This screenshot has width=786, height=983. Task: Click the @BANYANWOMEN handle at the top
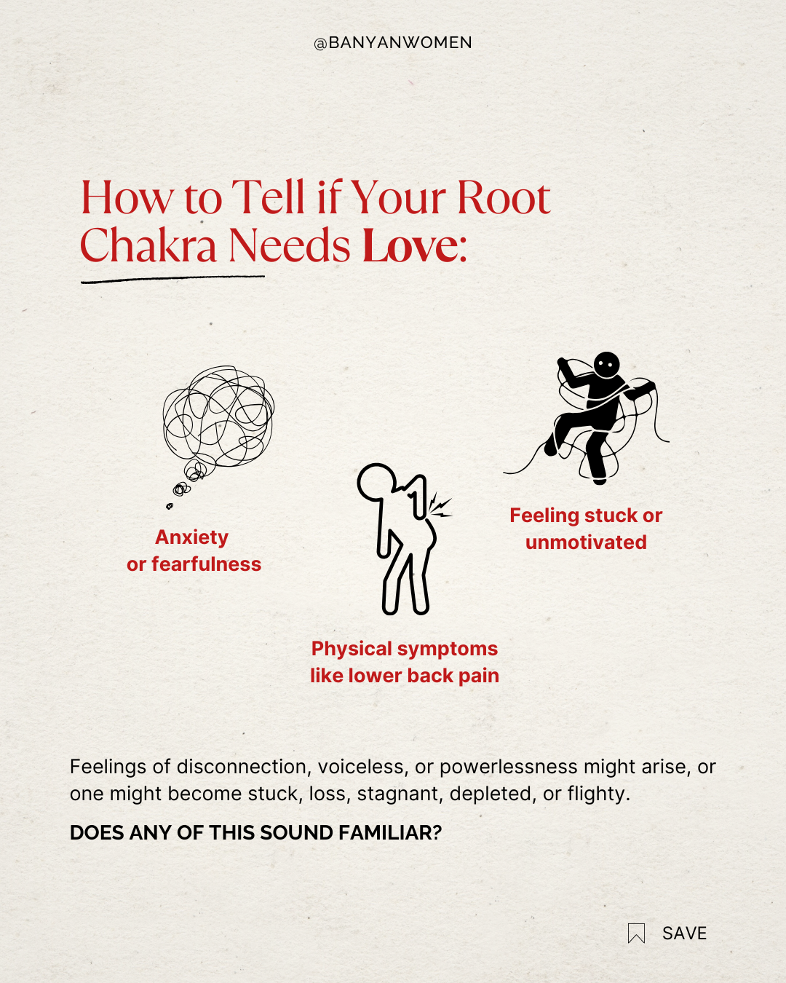point(393,43)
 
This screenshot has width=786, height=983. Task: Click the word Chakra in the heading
point(148,246)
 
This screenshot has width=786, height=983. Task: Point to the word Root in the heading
point(503,198)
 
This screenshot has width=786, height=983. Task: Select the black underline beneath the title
point(172,278)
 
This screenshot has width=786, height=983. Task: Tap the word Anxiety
point(192,537)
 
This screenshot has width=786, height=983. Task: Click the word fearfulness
point(206,564)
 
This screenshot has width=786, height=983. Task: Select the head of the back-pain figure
point(376,481)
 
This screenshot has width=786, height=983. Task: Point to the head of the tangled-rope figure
point(606,364)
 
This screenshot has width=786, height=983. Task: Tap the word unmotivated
point(586,542)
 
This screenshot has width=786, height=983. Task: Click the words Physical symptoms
point(405,649)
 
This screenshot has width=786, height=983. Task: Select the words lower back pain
point(424,676)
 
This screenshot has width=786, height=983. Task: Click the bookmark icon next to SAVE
point(636,933)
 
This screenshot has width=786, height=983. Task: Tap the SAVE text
point(684,933)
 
